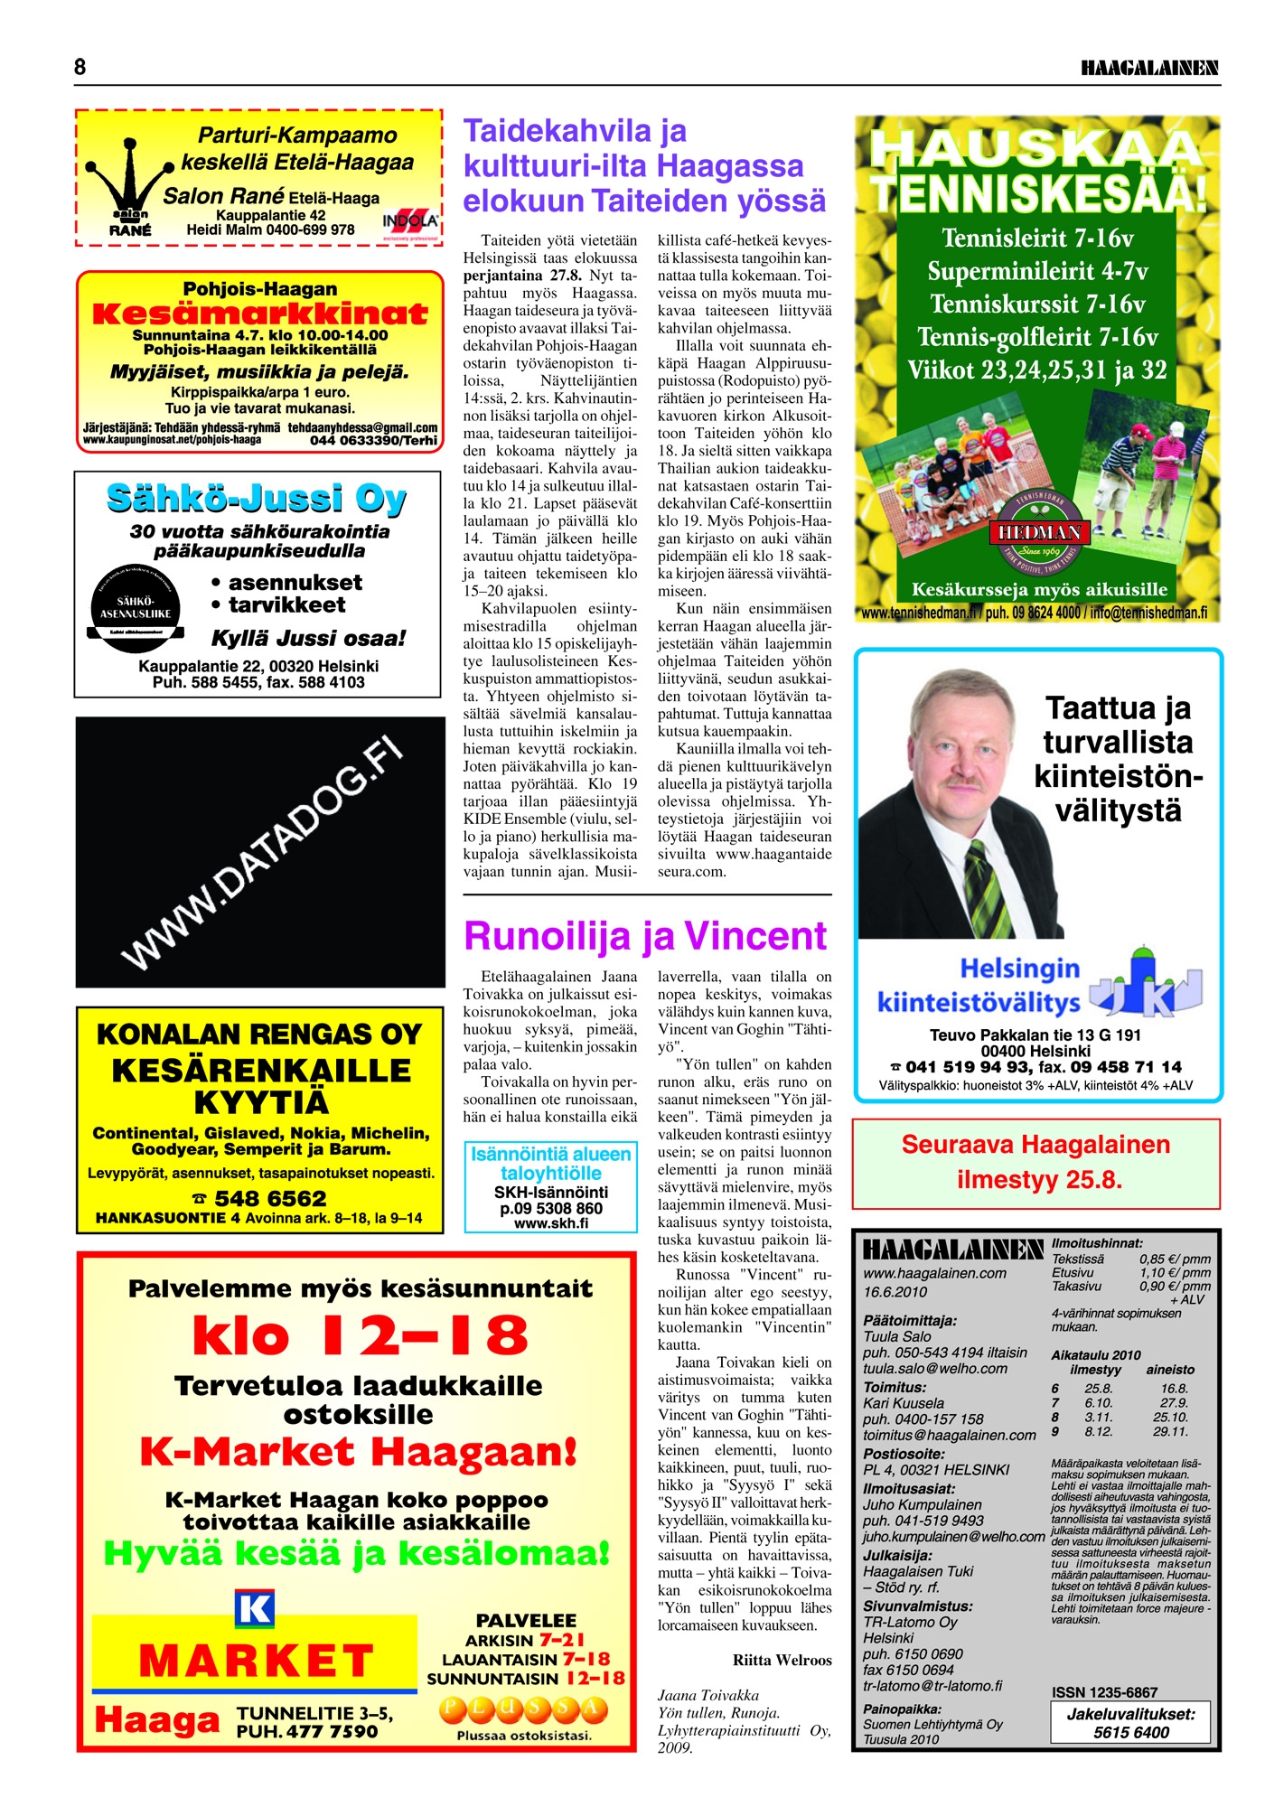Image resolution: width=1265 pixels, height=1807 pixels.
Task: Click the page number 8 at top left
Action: (80, 67)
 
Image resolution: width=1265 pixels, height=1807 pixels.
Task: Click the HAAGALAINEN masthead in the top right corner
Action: (1149, 68)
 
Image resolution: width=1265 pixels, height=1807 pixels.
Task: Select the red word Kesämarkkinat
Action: (259, 314)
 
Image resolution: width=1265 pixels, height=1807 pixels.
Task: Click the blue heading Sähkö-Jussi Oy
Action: (257, 499)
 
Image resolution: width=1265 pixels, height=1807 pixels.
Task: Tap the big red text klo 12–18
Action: (360, 1334)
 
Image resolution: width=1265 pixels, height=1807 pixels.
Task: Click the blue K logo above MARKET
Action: (254, 1608)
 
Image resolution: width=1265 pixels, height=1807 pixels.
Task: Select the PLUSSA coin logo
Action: (524, 1710)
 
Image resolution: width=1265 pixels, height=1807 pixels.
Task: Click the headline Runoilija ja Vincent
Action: (645, 936)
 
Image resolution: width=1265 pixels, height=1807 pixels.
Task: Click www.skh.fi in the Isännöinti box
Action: (550, 1223)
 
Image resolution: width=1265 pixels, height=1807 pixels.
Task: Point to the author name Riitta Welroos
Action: (782, 1660)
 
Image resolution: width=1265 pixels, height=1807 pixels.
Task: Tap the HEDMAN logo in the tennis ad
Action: (1039, 533)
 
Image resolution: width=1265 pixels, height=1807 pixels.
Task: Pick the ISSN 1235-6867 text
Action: (1104, 1692)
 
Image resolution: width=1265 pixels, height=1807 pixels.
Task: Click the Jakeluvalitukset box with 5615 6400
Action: (1130, 1723)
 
